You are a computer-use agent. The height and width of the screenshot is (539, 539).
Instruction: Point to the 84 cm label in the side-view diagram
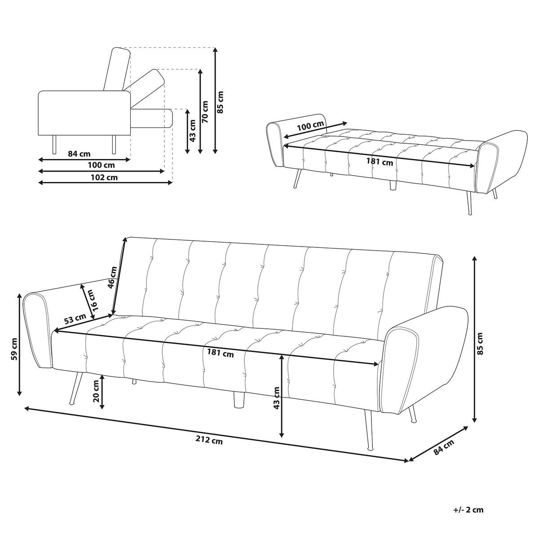[x=79, y=154]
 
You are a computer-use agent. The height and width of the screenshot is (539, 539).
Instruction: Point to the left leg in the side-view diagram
[x=54, y=144]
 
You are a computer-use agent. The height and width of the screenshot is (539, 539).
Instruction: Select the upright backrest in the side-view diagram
[x=117, y=69]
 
